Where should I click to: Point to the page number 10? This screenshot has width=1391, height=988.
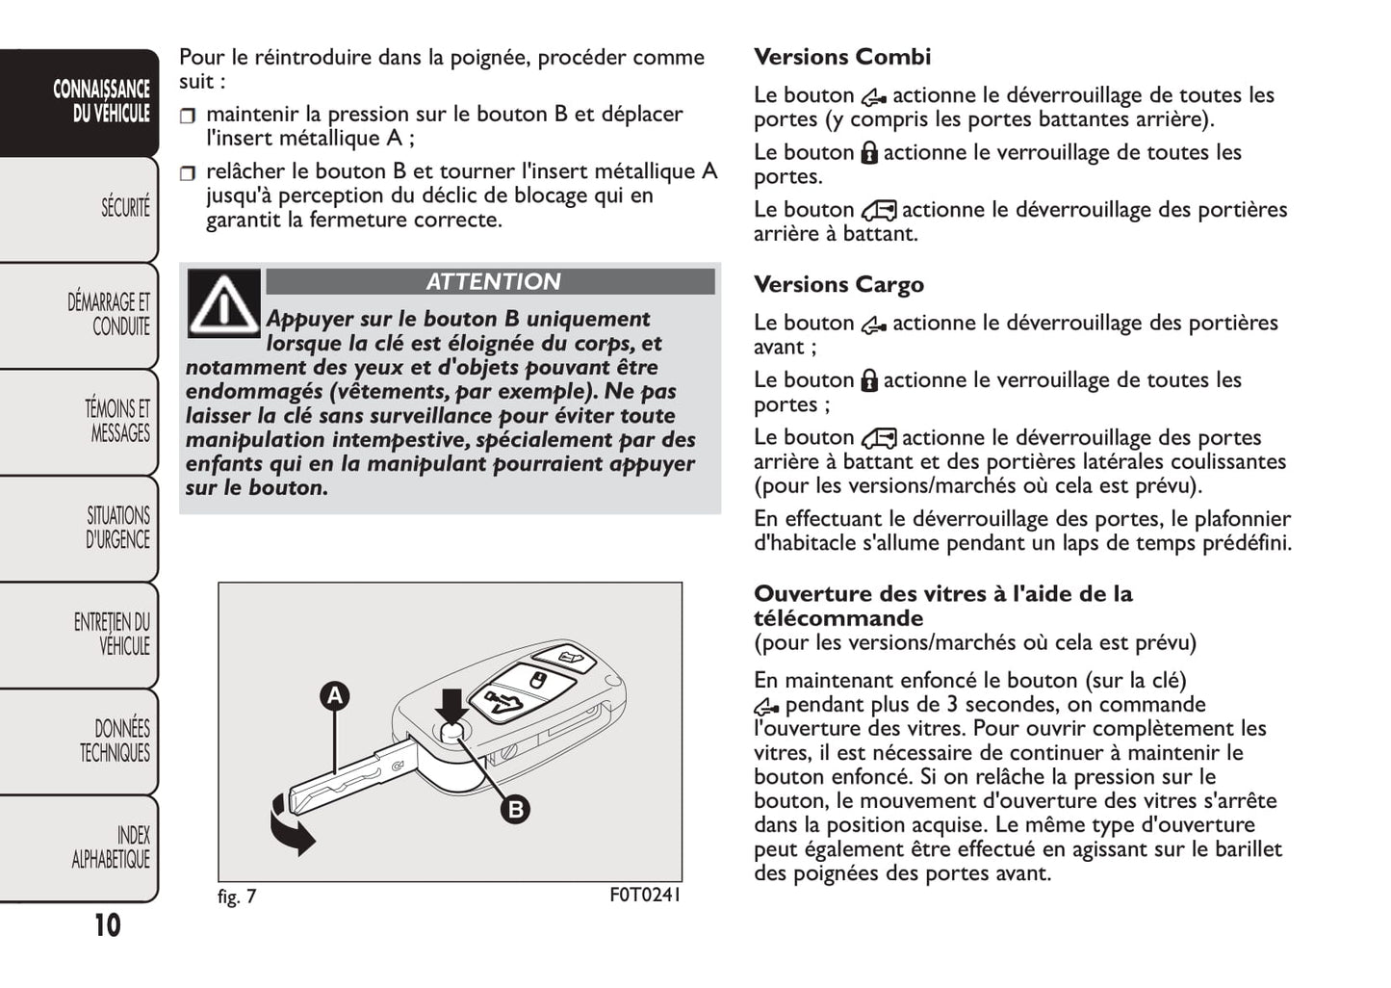[x=107, y=925]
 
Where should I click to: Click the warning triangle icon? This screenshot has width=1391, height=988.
[x=223, y=303]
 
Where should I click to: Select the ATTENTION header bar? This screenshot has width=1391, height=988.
[x=491, y=282]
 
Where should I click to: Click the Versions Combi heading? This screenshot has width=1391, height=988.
[x=842, y=57]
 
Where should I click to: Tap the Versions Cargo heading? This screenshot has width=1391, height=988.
[x=838, y=285]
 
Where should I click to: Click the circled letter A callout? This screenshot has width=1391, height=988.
[x=334, y=695]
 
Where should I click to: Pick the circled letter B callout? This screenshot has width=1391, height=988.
[x=516, y=809]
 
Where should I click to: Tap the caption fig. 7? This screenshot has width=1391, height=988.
[x=237, y=897]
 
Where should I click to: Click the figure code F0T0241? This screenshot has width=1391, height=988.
[x=645, y=896]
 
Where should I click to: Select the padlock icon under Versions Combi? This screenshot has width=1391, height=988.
[x=868, y=153]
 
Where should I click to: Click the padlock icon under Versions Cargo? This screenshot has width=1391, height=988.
[x=868, y=381]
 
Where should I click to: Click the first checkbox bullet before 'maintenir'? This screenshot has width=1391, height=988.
[x=188, y=116]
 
